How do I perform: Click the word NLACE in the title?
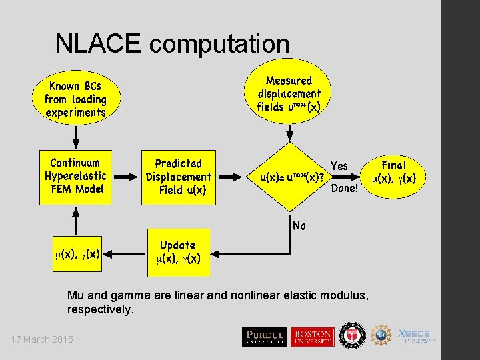click(x=99, y=44)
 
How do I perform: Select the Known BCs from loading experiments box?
click(x=75, y=99)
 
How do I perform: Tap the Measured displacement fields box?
click(x=289, y=94)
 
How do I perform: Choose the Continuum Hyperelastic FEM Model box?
click(x=75, y=176)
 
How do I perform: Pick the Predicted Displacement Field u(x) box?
click(x=178, y=177)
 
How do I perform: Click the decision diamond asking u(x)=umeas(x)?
click(x=289, y=178)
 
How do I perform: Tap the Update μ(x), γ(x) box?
click(x=178, y=252)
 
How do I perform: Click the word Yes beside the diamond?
click(x=339, y=166)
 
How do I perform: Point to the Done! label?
click(x=345, y=189)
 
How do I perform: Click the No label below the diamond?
click(x=299, y=226)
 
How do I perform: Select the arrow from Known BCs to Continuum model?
click(x=76, y=137)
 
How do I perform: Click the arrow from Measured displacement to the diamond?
click(x=289, y=133)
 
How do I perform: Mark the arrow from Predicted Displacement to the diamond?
click(x=231, y=178)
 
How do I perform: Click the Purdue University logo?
click(x=264, y=337)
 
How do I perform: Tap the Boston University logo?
click(x=311, y=337)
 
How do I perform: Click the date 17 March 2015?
click(x=42, y=340)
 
